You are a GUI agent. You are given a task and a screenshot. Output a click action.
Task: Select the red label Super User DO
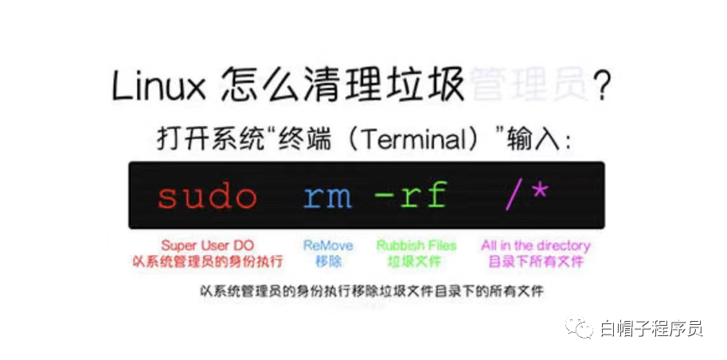pos(208,245)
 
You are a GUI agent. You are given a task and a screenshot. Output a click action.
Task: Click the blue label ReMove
pos(328,245)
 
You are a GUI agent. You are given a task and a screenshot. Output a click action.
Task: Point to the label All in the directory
pos(535,245)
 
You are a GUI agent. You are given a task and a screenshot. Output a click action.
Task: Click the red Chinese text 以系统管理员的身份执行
pos(208,261)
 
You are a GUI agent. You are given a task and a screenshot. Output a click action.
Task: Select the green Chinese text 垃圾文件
pos(413,261)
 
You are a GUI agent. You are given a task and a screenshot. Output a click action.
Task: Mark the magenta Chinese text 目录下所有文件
pos(535,261)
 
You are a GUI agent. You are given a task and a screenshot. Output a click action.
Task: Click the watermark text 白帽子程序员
pos(651,327)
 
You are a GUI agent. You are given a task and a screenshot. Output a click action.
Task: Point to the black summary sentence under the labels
pos(371,292)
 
